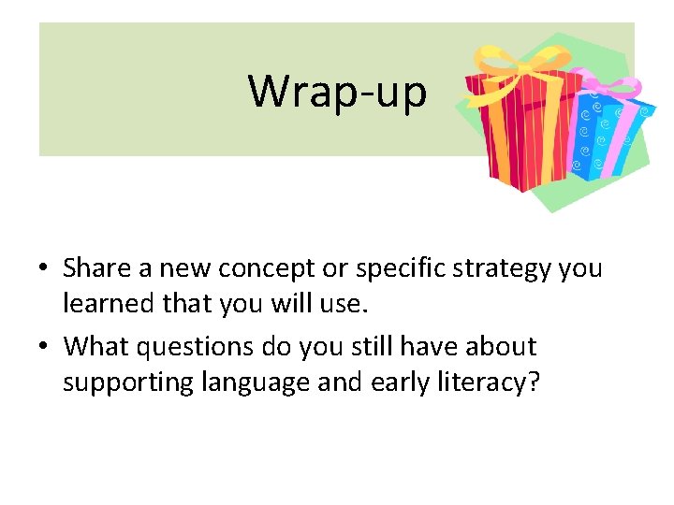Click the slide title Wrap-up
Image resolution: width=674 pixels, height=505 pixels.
tap(337, 92)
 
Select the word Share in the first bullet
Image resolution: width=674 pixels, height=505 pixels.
tap(96, 269)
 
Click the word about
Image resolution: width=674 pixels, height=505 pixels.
tap(504, 347)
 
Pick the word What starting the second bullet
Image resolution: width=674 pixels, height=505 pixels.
tap(95, 347)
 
